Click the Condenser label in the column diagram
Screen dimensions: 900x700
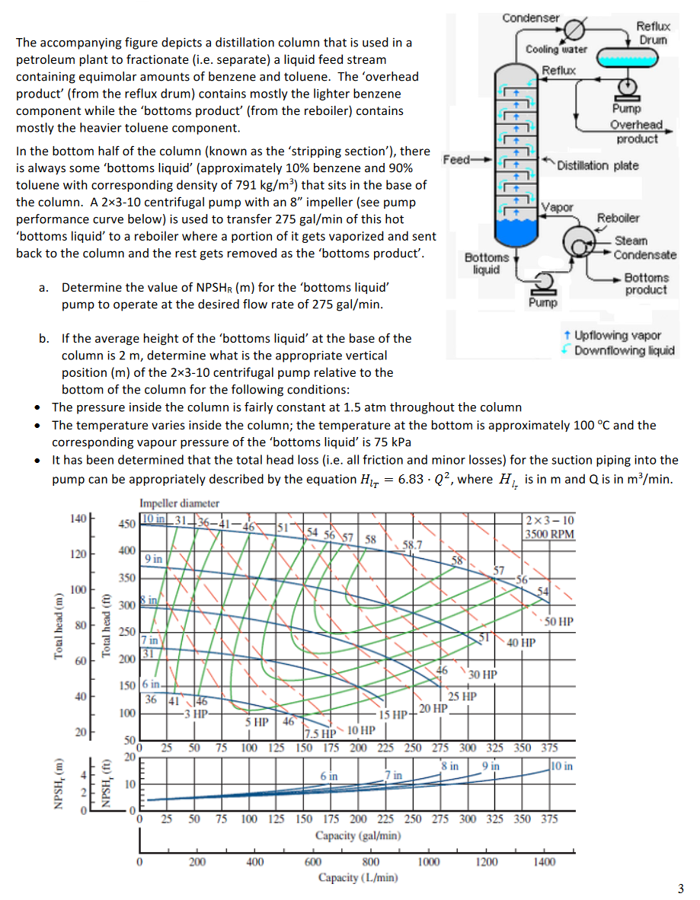[x=531, y=18]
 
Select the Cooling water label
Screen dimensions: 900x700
[x=556, y=49]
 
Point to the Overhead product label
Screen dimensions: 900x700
[x=637, y=132]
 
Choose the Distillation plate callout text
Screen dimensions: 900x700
[x=598, y=165]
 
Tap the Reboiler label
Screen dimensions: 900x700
[x=618, y=218]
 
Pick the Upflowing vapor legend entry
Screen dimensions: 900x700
[x=617, y=335]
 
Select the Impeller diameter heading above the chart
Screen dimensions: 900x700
[x=179, y=503]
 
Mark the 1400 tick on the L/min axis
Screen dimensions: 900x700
[x=545, y=862]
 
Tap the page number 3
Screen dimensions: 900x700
[x=681, y=888]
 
